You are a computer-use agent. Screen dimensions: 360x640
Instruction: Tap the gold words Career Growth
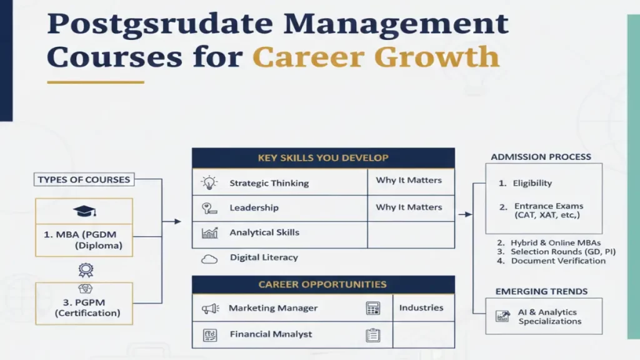tap(376, 57)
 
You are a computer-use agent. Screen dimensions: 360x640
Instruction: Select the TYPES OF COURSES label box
tap(84, 180)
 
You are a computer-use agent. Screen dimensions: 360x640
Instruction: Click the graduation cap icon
tap(84, 212)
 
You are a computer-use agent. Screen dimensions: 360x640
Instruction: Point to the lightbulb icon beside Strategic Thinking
tap(209, 183)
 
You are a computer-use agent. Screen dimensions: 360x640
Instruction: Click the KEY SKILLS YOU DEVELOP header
tap(322, 158)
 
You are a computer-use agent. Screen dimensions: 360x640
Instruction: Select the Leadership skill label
tap(254, 207)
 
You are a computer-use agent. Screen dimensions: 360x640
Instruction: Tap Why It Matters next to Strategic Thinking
tap(409, 181)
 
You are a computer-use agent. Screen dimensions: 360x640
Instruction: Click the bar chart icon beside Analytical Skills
tap(209, 233)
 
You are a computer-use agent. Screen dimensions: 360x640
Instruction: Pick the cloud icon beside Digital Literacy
tap(209, 258)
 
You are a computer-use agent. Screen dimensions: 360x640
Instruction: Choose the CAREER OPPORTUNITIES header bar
tap(322, 285)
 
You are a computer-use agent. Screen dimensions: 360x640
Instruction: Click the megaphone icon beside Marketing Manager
tap(209, 309)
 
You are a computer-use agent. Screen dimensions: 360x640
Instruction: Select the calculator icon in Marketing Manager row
tap(373, 309)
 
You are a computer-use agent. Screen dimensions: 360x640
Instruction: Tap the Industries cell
tap(421, 308)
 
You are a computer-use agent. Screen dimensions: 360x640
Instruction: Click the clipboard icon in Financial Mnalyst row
tap(373, 335)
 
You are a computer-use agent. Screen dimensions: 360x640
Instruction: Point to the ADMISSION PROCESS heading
tap(541, 157)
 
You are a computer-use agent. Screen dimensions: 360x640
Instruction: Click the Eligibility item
tap(532, 183)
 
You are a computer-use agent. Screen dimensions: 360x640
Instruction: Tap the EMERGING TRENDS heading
tap(541, 291)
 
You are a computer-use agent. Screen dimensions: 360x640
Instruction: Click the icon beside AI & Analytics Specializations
tap(502, 316)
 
